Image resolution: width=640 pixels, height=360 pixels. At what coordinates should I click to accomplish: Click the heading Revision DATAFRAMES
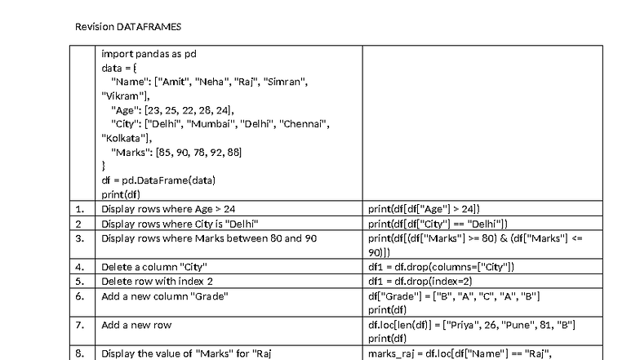[128, 27]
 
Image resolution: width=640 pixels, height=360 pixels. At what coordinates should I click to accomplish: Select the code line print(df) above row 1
[120, 194]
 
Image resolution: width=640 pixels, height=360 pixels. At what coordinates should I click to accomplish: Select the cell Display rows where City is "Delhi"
[180, 224]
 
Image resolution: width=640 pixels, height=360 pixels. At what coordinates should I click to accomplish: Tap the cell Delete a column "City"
[153, 267]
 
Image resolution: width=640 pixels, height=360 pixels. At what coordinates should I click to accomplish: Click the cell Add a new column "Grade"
[164, 296]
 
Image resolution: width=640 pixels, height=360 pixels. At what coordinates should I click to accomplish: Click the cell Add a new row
[136, 325]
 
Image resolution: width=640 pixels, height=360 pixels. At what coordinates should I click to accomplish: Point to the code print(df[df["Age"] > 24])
[429, 209]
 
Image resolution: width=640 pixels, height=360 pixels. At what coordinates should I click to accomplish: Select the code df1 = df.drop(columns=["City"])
[441, 267]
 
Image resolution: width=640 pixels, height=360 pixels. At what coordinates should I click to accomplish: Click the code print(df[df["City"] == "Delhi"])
[438, 224]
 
